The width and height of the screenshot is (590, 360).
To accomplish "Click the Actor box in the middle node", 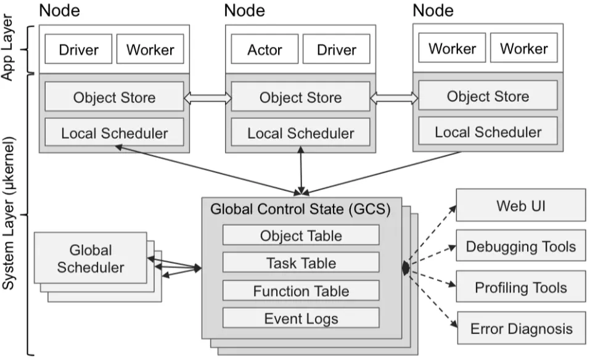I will click(264, 50).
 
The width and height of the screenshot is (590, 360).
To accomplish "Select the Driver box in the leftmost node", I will click(78, 50).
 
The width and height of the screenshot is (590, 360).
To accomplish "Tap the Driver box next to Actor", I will click(336, 50).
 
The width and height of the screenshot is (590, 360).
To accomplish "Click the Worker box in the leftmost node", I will click(150, 50).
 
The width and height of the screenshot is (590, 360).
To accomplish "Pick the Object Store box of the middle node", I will click(300, 97).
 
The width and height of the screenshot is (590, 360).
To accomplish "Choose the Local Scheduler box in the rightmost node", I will click(488, 132).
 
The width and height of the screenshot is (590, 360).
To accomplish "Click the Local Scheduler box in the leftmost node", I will click(114, 133).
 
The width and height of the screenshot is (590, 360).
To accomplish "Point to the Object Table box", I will click(301, 235).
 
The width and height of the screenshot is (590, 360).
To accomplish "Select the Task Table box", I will click(301, 263).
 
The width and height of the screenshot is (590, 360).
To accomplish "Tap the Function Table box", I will click(301, 291).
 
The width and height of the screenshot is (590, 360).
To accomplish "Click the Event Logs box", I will click(301, 318).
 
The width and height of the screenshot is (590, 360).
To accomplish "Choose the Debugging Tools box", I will click(521, 247).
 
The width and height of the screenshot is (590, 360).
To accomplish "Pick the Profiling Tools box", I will click(521, 288).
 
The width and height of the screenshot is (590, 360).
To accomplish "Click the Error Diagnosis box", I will click(521, 329).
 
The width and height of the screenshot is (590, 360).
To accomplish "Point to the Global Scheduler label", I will click(90, 259).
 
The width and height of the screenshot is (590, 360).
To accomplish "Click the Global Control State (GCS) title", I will click(300, 209).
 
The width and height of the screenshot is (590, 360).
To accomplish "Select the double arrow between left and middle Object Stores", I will click(207, 97).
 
